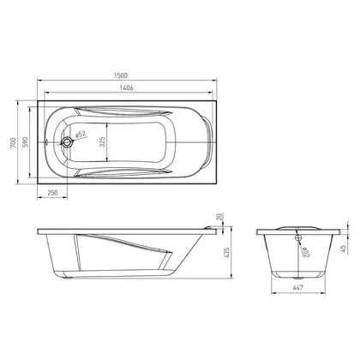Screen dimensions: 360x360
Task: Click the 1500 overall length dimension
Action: pyautogui.click(x=120, y=75)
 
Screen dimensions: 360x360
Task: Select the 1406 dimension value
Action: pyautogui.click(x=126, y=87)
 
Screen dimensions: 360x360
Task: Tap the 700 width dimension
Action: pyautogui.click(x=13, y=142)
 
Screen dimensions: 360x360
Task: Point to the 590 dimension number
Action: pyautogui.click(x=25, y=142)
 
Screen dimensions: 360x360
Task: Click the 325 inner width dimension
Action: pyautogui.click(x=103, y=142)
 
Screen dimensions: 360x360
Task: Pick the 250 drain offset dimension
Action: pyautogui.click(x=52, y=193)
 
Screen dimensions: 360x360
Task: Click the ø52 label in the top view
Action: pyautogui.click(x=81, y=135)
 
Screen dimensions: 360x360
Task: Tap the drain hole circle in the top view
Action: pyautogui.click(x=68, y=142)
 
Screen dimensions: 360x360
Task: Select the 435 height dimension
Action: pyautogui.click(x=227, y=253)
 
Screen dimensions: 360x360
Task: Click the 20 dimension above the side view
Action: pyautogui.click(x=219, y=217)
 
